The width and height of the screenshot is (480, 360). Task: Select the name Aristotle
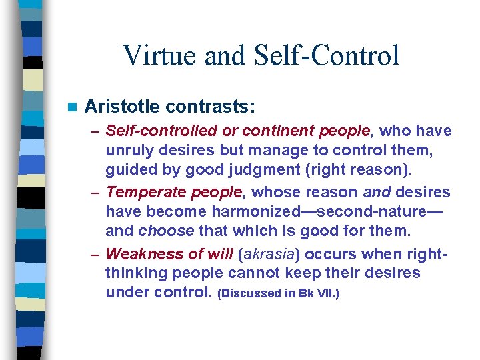(x=123, y=106)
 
